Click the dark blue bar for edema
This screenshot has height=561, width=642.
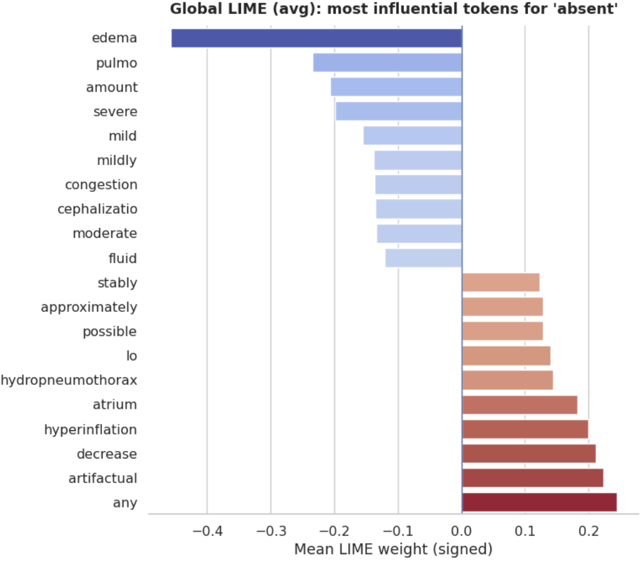[x=317, y=38]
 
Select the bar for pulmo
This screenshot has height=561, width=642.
[x=387, y=63]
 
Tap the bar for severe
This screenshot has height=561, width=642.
[x=398, y=112]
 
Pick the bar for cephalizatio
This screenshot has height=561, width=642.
[x=419, y=209]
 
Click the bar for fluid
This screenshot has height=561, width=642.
[x=424, y=258]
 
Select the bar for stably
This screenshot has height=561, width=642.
[x=500, y=283]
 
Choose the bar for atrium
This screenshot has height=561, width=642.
[x=519, y=405]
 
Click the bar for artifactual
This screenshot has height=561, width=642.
[x=532, y=478]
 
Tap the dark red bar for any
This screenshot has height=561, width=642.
[x=539, y=503]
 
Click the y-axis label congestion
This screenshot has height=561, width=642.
[x=101, y=185]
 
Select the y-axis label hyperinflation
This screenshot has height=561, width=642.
[x=91, y=430]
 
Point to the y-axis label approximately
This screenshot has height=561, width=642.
[x=89, y=308]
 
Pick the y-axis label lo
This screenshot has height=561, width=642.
[x=132, y=356]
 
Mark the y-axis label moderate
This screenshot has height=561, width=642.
[x=104, y=234]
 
